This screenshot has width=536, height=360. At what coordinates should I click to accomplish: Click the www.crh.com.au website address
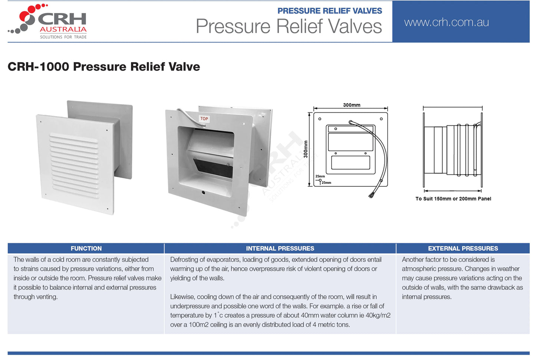(446, 22)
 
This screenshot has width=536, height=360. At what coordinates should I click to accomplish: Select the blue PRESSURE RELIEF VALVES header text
(329, 11)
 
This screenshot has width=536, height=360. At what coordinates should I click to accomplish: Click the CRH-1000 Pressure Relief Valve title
(104, 67)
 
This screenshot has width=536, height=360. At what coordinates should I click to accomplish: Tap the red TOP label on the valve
(204, 119)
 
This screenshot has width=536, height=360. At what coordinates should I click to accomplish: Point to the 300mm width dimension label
(351, 105)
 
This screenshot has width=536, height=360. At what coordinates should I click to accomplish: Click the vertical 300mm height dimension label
(306, 149)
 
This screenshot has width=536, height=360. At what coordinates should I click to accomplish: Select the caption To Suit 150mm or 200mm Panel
(453, 199)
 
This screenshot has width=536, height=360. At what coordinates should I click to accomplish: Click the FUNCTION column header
(86, 248)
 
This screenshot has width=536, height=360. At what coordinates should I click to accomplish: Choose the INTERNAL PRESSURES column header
(280, 248)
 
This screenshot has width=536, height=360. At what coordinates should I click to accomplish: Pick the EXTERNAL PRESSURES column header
(463, 248)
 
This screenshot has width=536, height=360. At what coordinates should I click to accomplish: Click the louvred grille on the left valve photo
(74, 165)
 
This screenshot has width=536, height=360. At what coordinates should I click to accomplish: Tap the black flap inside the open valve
(214, 167)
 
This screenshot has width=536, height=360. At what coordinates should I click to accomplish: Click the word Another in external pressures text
(413, 260)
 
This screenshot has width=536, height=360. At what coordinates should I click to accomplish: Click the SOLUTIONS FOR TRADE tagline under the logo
(63, 37)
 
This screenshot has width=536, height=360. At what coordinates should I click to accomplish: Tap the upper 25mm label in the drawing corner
(320, 176)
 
